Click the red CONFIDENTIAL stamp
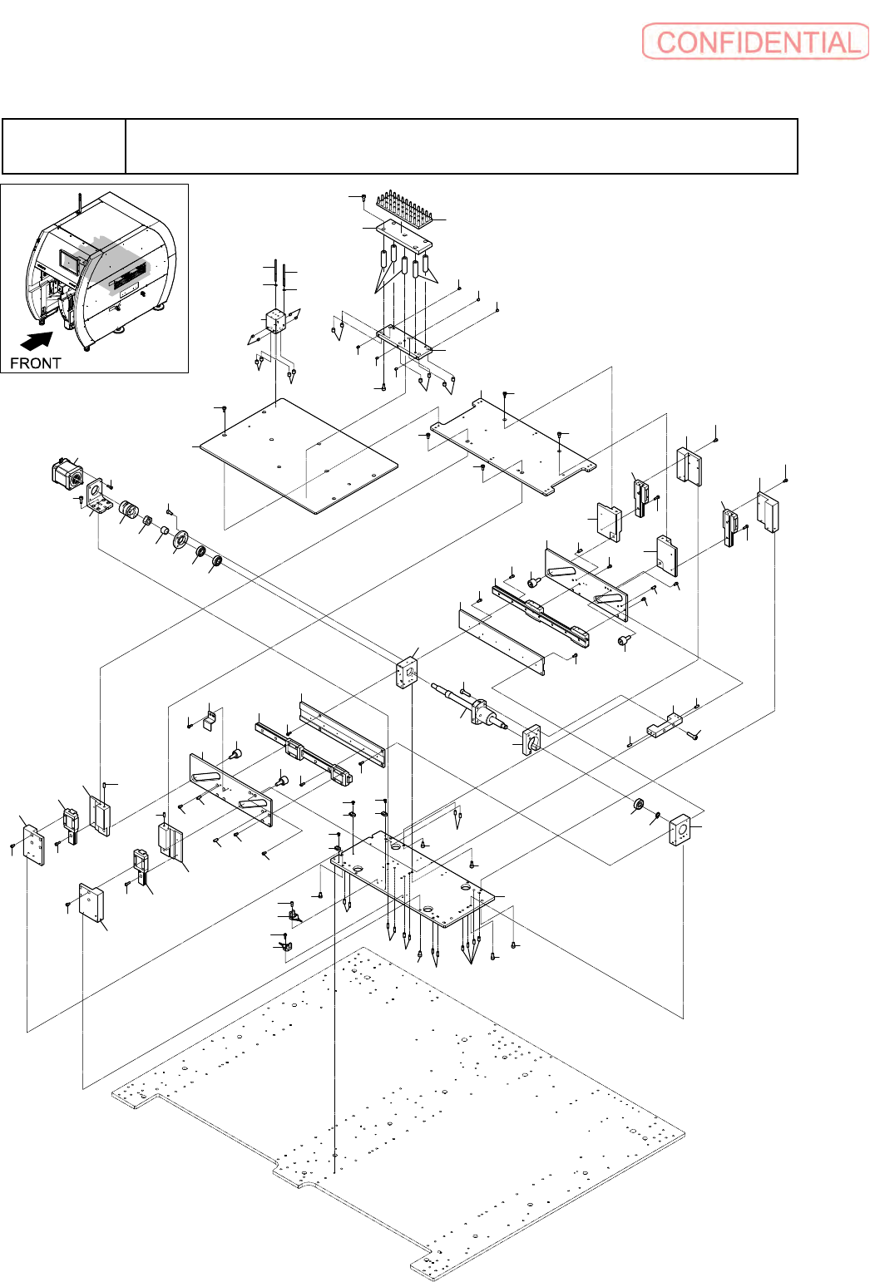tap(755, 42)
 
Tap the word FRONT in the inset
tap(35, 363)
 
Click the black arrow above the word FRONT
tap(37, 341)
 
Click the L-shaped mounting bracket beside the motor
tap(98, 497)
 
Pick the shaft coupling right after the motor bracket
tap(128, 509)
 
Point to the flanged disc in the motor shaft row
tap(181, 540)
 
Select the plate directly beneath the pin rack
tap(403, 235)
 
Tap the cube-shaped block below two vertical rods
tap(275, 322)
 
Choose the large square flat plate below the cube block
tap(298, 456)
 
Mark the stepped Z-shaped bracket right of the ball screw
tap(665, 724)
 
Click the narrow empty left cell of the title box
tap(63, 146)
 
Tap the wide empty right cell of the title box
tap(461, 146)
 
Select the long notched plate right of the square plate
tap(514, 446)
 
